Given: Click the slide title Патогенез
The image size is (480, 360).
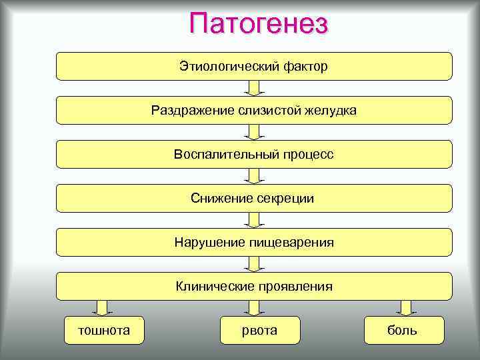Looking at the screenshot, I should pyautogui.click(x=259, y=24).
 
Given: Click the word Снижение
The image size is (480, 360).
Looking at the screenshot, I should pyautogui.click(x=220, y=199).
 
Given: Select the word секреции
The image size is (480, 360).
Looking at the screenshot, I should pyautogui.click(x=285, y=199).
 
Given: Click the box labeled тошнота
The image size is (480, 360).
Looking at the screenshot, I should pyautogui.click(x=104, y=330).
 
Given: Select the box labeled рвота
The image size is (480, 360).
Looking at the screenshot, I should pyautogui.click(x=260, y=330).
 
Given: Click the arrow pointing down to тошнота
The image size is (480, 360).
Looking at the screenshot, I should pyautogui.click(x=101, y=307).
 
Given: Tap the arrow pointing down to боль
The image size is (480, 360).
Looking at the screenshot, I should pyautogui.click(x=405, y=307).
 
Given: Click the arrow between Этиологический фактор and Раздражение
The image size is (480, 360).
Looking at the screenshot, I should pyautogui.click(x=254, y=88).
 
